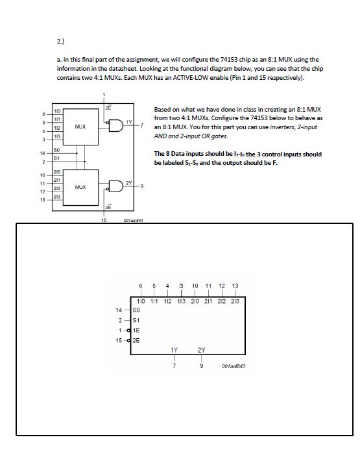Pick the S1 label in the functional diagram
click(57, 158)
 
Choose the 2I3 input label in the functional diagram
click(58, 197)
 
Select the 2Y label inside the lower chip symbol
click(202, 349)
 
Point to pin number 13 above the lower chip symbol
click(235, 285)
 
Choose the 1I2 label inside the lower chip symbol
click(167, 301)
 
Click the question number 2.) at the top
click(61, 42)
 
